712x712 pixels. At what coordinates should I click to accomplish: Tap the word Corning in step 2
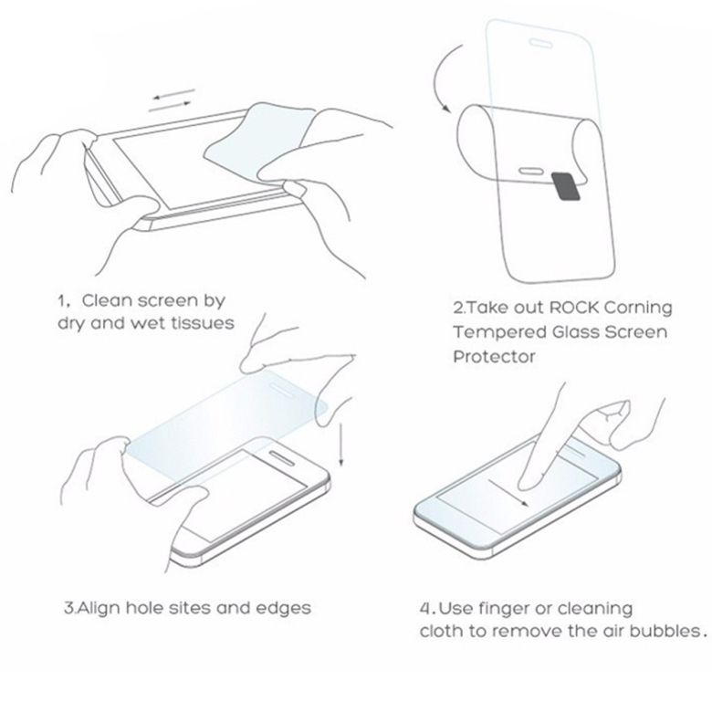(x=638, y=309)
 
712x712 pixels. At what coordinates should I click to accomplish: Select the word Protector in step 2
(x=494, y=356)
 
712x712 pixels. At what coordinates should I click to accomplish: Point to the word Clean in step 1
(x=107, y=300)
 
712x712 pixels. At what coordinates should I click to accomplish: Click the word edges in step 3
(x=283, y=609)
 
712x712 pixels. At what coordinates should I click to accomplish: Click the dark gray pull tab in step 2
(x=566, y=186)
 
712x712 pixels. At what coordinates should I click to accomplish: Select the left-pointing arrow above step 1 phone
(x=174, y=94)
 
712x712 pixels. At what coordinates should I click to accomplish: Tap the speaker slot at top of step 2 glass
(x=540, y=43)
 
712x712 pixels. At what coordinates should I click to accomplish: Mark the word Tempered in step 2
(x=499, y=332)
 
